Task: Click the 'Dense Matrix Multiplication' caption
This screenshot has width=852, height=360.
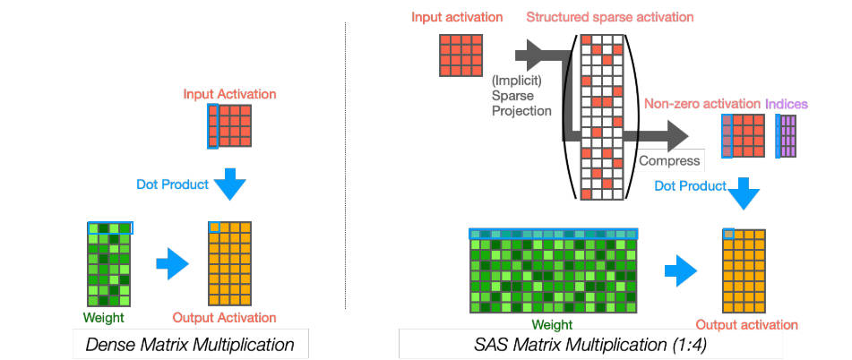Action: pyautogui.click(x=190, y=344)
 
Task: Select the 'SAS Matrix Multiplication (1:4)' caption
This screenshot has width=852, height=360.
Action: pyautogui.click(x=590, y=344)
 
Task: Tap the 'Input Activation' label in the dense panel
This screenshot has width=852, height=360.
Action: pyautogui.click(x=229, y=94)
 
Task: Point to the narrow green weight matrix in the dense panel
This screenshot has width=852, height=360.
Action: pyautogui.click(x=109, y=264)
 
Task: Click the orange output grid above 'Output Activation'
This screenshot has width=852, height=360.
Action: pyautogui.click(x=229, y=264)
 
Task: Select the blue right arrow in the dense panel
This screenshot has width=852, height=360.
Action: pyautogui.click(x=172, y=263)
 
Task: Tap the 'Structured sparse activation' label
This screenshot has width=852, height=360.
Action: pyautogui.click(x=609, y=17)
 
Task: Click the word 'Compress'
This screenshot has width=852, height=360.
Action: pyautogui.click(x=669, y=160)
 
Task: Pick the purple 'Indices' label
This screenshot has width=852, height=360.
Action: pyautogui.click(x=787, y=103)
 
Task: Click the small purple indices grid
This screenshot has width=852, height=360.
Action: pyautogui.click(x=786, y=136)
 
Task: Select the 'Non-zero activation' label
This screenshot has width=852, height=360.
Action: pyautogui.click(x=702, y=103)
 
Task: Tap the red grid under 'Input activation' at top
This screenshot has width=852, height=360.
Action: pyautogui.click(x=460, y=55)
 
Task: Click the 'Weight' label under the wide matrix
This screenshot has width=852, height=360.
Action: pyautogui.click(x=552, y=325)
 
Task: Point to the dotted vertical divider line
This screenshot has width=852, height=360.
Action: pyautogui.click(x=346, y=166)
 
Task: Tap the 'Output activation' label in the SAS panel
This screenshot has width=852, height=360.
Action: pyautogui.click(x=747, y=325)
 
